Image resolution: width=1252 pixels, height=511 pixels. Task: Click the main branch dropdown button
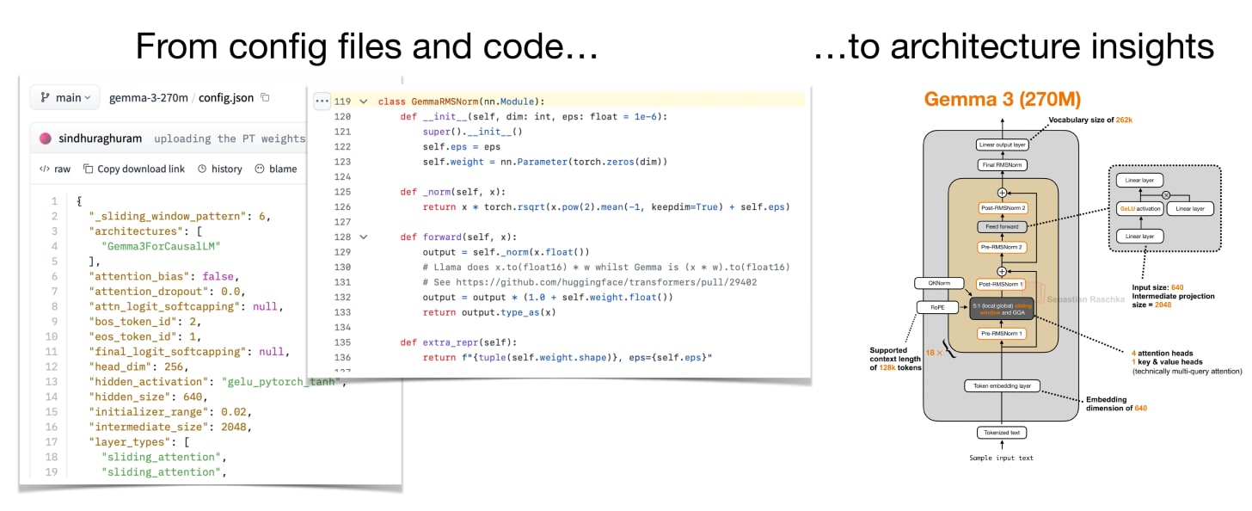pos(65,97)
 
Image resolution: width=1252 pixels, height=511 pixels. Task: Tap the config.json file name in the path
pos(226,97)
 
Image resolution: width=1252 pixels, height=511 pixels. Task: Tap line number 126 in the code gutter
pos(342,206)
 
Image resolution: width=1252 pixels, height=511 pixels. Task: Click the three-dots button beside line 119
pos(322,102)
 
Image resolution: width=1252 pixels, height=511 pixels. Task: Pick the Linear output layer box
pos(1002,145)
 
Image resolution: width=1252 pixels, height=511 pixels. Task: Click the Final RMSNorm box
pos(1002,164)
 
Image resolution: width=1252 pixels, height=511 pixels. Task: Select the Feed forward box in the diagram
pos(1002,227)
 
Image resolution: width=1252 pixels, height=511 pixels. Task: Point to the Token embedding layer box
pos(1002,385)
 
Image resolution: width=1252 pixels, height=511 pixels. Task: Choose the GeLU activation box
pos(1140,209)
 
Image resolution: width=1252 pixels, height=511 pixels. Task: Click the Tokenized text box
pos(1002,433)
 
